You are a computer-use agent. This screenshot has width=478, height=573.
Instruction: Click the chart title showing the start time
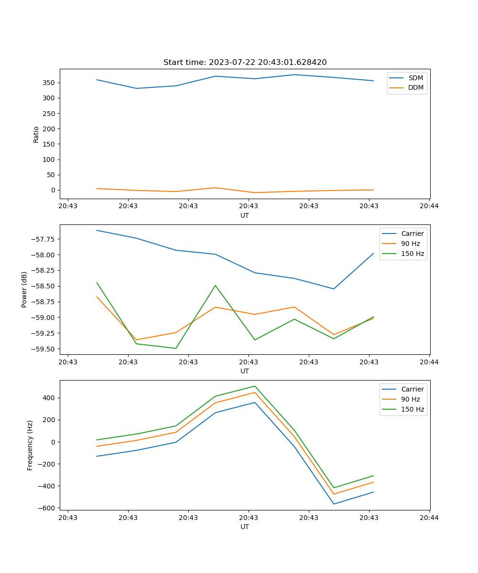click(245, 63)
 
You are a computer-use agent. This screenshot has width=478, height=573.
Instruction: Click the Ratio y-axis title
click(36, 134)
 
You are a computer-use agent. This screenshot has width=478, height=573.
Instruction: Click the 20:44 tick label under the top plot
click(429, 206)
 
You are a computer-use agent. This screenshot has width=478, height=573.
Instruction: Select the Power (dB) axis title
click(24, 289)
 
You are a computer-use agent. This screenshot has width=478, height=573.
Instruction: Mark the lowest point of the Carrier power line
click(334, 289)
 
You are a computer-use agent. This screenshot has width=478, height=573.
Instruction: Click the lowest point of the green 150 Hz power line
click(176, 348)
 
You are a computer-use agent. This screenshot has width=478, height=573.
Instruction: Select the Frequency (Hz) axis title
click(30, 445)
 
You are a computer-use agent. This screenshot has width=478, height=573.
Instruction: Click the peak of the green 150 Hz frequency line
click(255, 386)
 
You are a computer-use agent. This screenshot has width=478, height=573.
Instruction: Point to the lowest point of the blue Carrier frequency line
click(334, 504)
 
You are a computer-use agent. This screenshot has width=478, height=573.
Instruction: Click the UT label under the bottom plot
click(245, 527)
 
